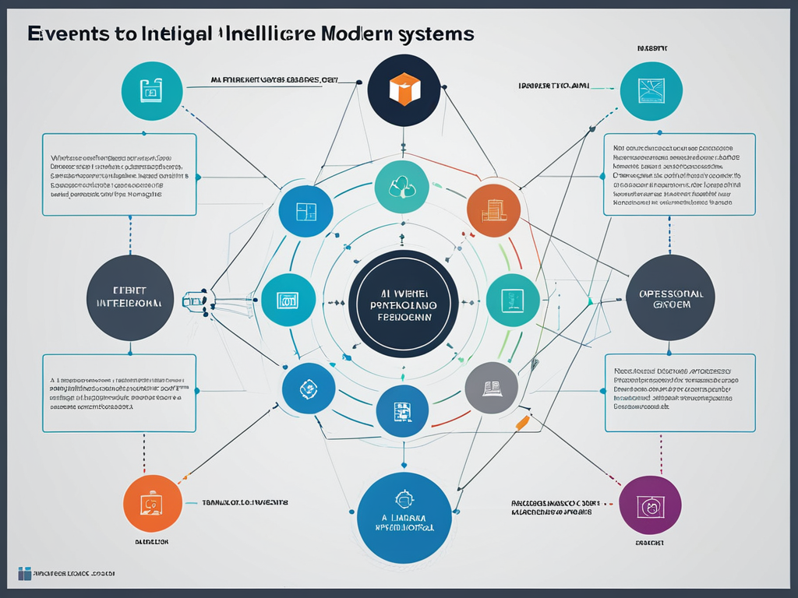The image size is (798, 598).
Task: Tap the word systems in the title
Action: pos(434,34)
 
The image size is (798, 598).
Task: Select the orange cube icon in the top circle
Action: pos(404,89)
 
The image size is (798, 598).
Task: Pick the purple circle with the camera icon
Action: pos(650,505)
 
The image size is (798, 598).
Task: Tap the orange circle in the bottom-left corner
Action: pos(153,504)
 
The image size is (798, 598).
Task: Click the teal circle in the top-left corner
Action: pos(152,91)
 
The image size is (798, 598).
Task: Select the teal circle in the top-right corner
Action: pos(651,91)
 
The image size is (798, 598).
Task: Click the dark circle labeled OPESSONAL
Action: pos(670,297)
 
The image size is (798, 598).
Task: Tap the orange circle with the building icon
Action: pos(493,209)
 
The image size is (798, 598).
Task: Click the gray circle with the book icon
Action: pos(492,388)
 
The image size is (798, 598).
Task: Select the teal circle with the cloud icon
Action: pos(402,188)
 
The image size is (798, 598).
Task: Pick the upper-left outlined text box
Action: pos(119,174)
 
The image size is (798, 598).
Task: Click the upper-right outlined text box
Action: pos(679,174)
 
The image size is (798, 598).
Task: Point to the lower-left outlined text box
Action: pos(119,393)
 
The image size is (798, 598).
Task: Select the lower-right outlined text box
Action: pos(680,393)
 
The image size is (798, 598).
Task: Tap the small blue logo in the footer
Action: pos(24,574)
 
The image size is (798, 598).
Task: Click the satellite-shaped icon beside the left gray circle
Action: pos(194,300)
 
